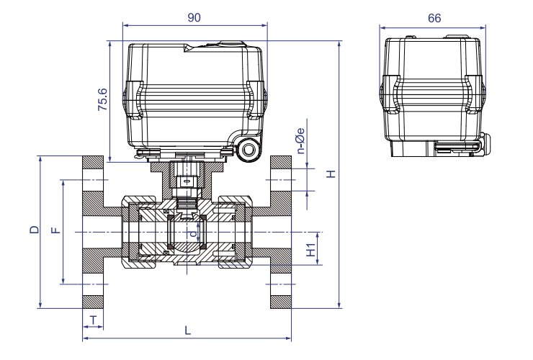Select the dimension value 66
click(434, 18)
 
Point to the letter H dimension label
click(330, 174)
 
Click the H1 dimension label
click(310, 250)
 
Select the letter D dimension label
click(33, 230)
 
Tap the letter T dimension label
click(93, 319)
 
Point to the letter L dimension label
click(188, 330)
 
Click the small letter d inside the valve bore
click(192, 234)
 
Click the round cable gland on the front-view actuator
click(250, 150)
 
